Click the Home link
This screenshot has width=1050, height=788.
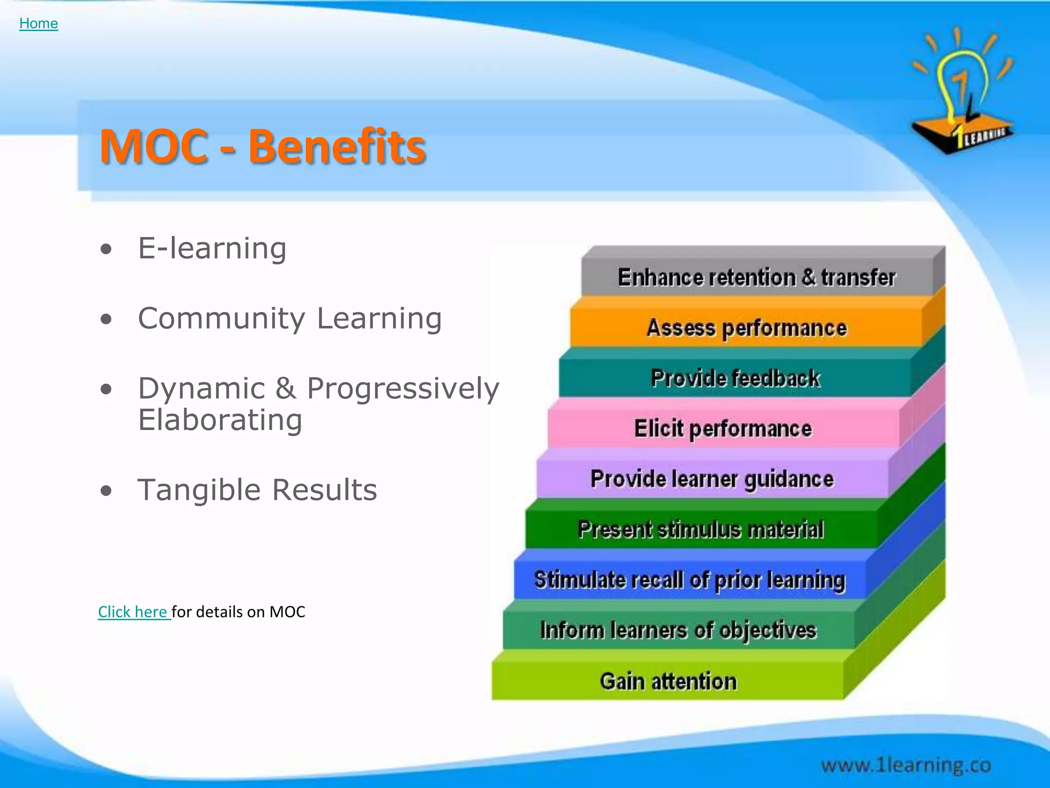click(x=38, y=24)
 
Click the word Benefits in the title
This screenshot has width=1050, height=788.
click(x=337, y=147)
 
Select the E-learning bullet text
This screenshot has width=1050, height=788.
click(x=212, y=248)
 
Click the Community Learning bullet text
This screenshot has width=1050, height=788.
click(x=290, y=319)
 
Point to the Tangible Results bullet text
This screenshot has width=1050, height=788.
click(x=257, y=490)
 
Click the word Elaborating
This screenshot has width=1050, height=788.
click(x=220, y=421)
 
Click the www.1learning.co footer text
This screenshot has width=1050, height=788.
click(x=905, y=765)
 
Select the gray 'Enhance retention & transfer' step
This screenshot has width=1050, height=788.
click(x=756, y=278)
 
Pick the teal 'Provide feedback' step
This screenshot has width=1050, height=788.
click(x=735, y=379)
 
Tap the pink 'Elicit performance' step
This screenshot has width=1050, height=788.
click(x=723, y=429)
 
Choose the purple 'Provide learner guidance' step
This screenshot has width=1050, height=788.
click(x=712, y=479)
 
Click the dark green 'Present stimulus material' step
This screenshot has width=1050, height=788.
click(x=700, y=529)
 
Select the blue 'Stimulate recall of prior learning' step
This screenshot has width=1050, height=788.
click(x=689, y=580)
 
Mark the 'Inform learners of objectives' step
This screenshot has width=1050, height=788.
click(x=678, y=631)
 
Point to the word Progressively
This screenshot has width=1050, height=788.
click(x=402, y=388)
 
